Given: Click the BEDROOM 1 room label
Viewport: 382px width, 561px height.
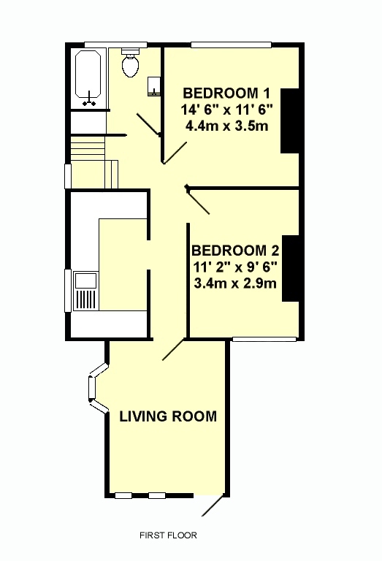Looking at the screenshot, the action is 226,93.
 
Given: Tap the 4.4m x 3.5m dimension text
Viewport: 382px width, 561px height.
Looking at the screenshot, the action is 226,126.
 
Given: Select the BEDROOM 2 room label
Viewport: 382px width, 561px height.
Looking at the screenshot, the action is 235,251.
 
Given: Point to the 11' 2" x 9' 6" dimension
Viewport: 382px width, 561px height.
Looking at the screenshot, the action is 235,267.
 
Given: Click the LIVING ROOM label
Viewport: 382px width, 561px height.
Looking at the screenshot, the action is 168,416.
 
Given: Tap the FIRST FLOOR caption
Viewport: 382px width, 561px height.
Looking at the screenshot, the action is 168,535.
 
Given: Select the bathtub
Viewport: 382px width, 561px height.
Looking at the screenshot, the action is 88,78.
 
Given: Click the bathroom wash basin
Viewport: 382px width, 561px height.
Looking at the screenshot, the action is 154,86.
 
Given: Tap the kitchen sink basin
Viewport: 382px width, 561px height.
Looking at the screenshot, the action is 85,280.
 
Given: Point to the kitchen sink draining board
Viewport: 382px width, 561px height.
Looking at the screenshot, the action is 86,299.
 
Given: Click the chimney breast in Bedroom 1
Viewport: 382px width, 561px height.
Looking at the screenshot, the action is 290,121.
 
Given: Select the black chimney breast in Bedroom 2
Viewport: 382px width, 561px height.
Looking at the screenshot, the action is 291,268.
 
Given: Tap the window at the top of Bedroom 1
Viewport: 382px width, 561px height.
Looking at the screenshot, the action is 231,45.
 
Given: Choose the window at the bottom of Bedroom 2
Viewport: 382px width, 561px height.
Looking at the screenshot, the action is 264,339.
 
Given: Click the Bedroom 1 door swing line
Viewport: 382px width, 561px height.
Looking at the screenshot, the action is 175,153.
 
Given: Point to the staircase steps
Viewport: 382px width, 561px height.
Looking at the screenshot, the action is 88,148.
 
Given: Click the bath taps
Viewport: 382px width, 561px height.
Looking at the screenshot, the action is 88,100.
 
